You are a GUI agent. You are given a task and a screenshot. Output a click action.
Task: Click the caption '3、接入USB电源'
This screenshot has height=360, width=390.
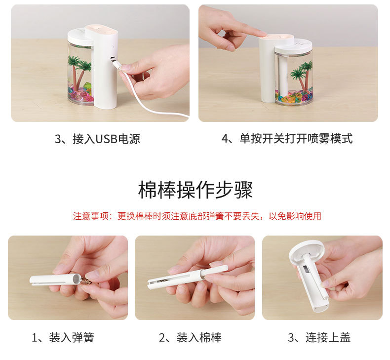(97, 139)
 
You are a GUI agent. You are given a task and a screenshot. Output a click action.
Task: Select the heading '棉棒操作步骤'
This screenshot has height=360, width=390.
(195, 190)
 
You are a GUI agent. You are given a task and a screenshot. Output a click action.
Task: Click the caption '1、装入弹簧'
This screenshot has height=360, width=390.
(63, 338)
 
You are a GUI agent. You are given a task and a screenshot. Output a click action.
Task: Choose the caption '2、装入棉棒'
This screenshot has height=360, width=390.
(190, 338)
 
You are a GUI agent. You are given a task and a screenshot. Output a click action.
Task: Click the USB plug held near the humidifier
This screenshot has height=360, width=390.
(116, 64)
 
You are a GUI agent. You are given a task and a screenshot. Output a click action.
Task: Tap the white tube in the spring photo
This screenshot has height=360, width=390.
(52, 279)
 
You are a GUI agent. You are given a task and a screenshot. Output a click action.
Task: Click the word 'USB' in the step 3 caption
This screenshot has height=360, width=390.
(105, 139)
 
